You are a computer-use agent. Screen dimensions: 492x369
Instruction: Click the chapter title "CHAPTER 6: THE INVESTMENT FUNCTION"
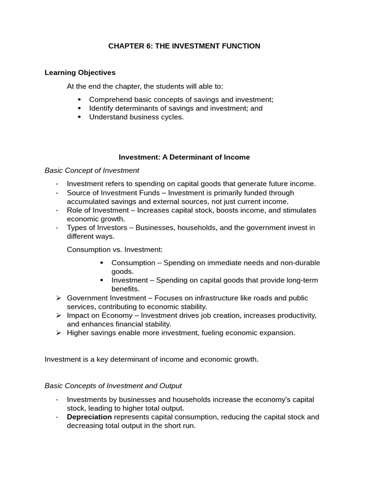184,46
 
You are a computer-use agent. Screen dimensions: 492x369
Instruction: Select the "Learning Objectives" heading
80,73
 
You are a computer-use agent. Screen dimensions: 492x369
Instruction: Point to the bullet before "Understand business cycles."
79,117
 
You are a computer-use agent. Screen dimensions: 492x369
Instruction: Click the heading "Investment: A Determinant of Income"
184,157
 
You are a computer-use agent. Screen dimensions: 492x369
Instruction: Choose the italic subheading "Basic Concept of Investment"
92,170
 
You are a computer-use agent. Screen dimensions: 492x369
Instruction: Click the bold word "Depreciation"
89,417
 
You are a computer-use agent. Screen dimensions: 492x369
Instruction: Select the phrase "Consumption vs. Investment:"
114,249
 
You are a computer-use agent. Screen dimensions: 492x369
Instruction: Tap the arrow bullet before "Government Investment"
58,298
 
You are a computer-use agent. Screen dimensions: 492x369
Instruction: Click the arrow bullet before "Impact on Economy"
58,316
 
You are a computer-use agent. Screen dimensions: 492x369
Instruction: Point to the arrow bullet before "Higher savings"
58,333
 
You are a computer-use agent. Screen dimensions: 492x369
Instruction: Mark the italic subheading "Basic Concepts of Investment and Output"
113,386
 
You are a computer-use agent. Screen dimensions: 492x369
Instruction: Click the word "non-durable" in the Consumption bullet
301,263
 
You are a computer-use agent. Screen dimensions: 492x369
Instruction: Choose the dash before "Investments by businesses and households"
57,400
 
